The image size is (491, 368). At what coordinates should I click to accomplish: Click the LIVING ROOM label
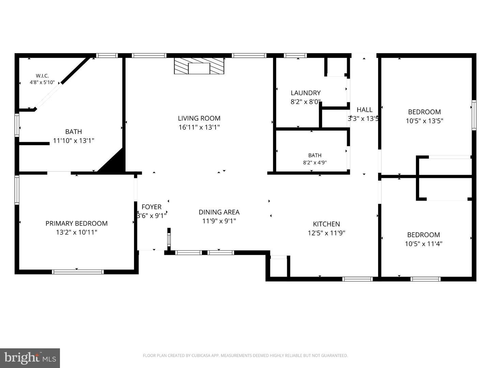[x=199, y=118]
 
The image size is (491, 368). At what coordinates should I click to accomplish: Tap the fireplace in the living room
[x=199, y=66]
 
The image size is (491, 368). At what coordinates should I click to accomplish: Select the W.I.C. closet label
[x=42, y=76]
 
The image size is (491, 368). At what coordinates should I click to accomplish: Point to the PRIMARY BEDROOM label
[x=76, y=224]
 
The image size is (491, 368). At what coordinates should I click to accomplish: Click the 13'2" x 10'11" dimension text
[x=76, y=232]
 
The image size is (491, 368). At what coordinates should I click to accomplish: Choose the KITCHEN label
[x=326, y=224]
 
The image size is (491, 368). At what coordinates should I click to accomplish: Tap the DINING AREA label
[x=219, y=212]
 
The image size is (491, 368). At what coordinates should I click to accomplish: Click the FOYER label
[x=151, y=207]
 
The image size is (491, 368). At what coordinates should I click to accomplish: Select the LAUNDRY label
[x=306, y=93]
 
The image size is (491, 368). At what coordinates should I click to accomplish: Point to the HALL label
[x=364, y=110]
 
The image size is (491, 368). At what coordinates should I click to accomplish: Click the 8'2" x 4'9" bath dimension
[x=315, y=163]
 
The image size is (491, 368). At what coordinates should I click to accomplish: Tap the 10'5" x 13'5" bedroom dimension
[x=425, y=121]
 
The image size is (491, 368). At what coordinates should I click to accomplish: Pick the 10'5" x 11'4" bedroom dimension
[x=423, y=244]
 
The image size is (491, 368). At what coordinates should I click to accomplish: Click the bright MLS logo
[x=30, y=358]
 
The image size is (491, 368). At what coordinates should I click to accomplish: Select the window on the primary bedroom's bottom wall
[x=78, y=272]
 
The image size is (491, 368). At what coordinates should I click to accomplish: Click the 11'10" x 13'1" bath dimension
[x=73, y=141]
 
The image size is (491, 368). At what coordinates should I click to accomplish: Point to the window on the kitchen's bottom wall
[x=357, y=279]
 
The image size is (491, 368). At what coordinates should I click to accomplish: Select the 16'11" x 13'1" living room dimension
[x=199, y=127]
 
